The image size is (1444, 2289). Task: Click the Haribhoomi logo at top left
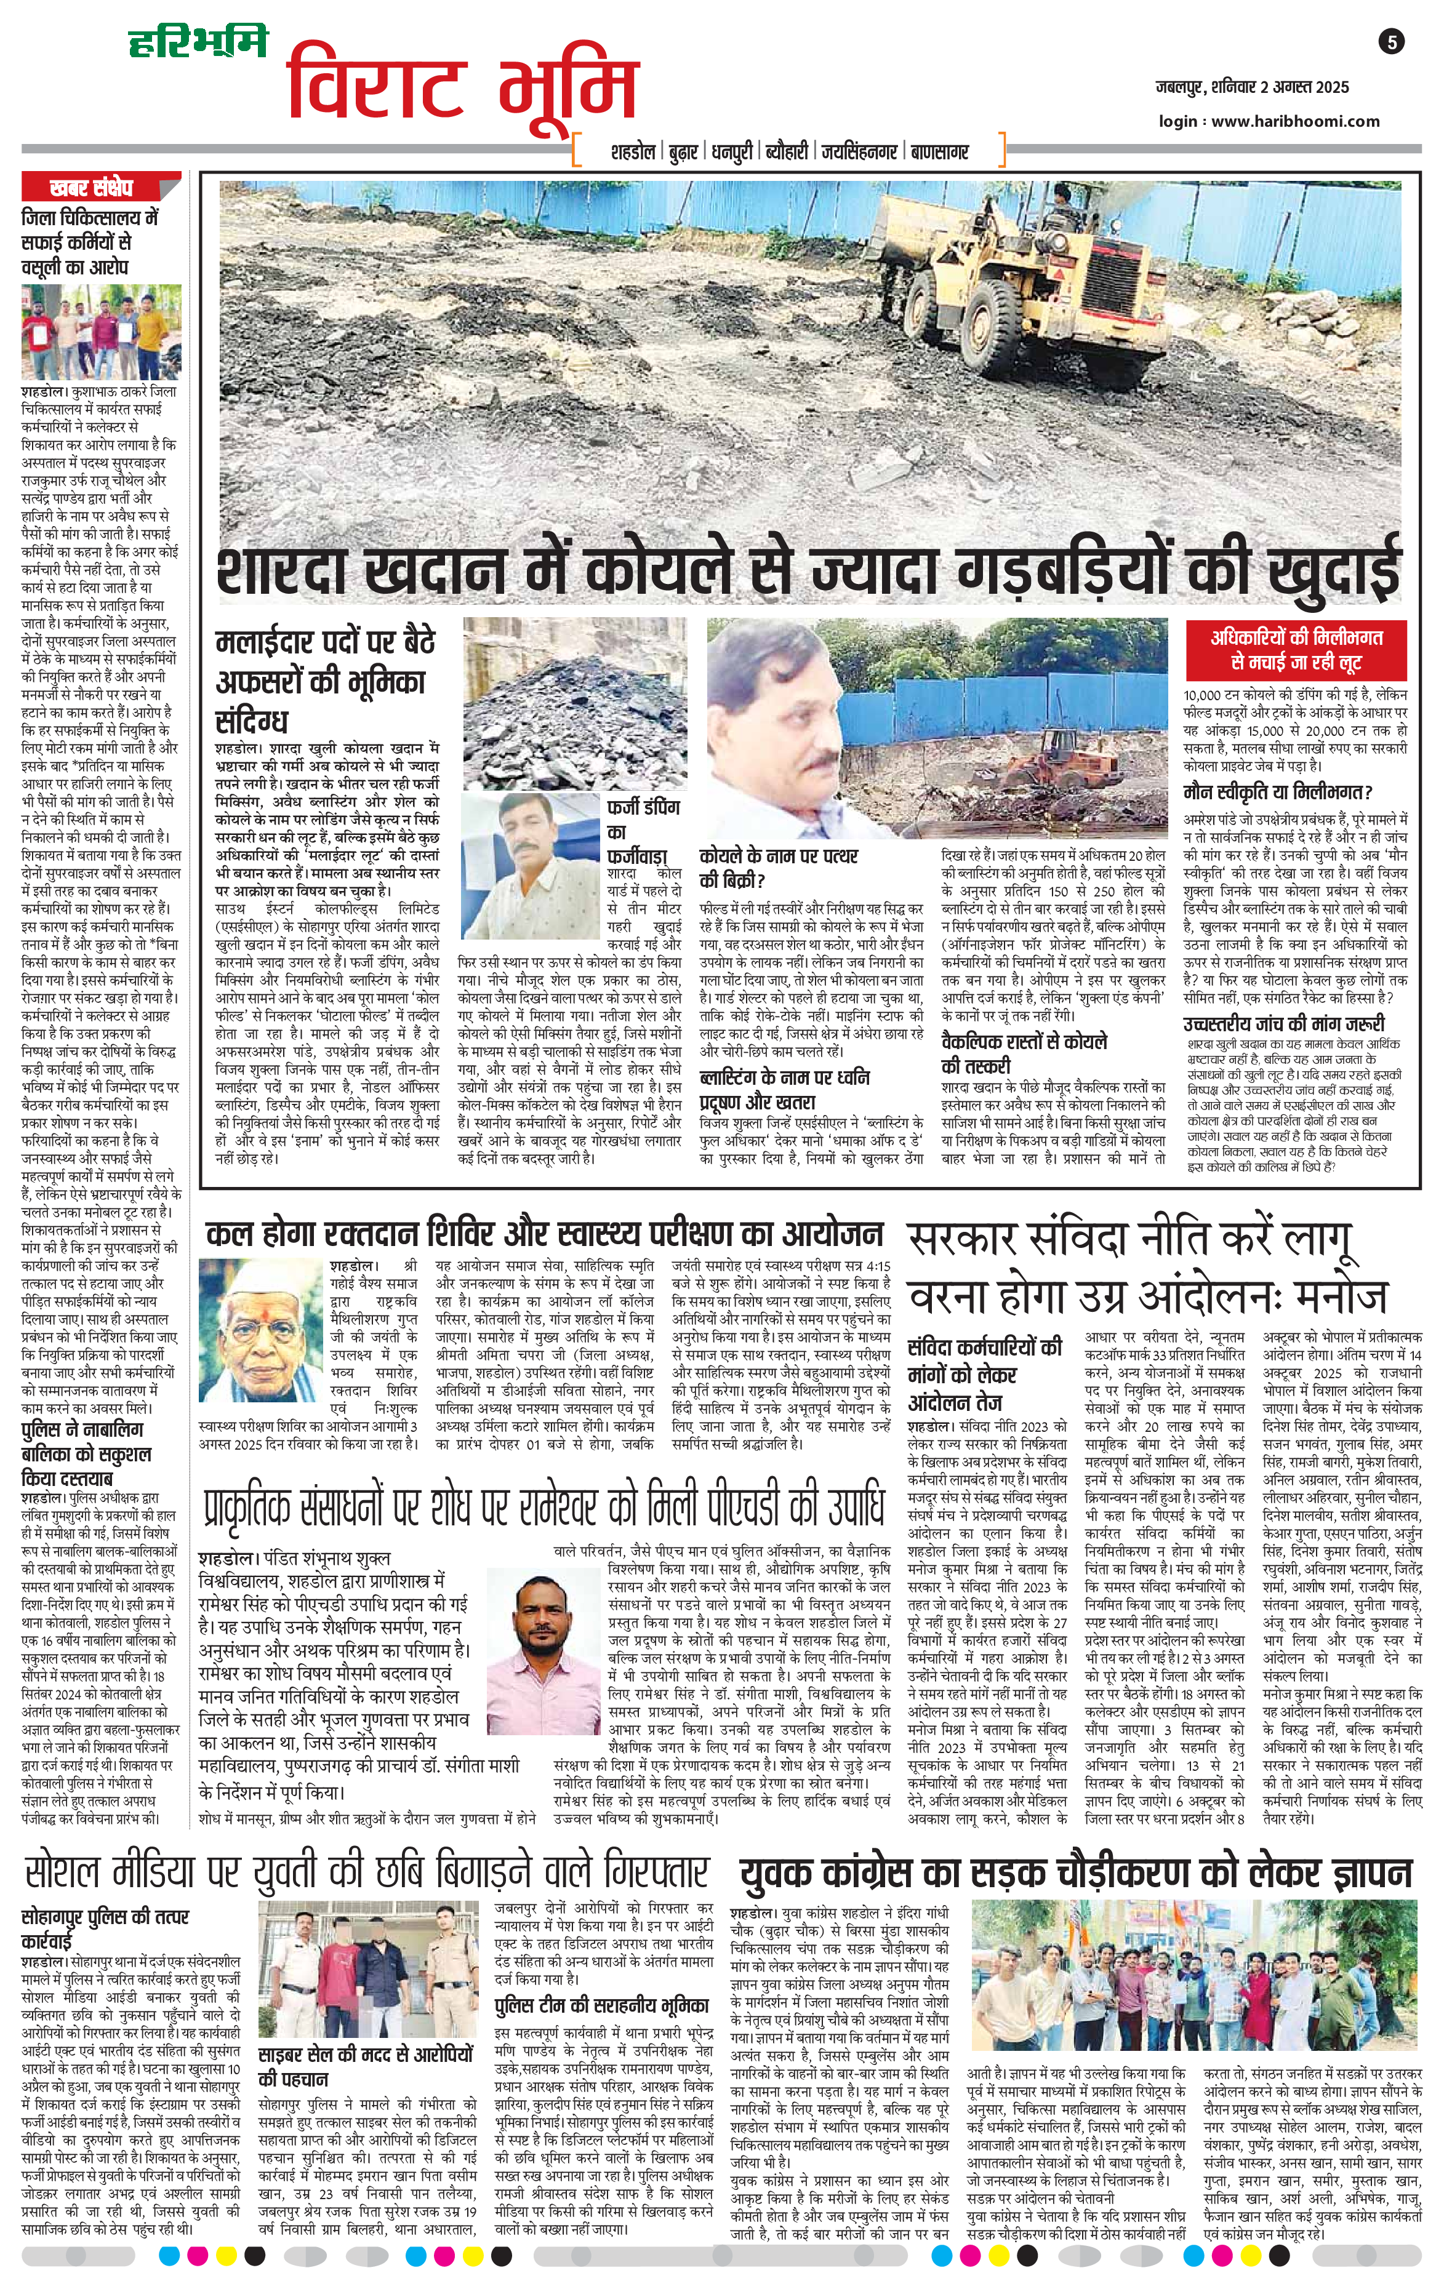pos(199,43)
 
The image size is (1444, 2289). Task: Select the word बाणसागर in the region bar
pos(952,152)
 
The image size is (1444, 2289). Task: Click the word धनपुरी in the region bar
pos(730,152)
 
